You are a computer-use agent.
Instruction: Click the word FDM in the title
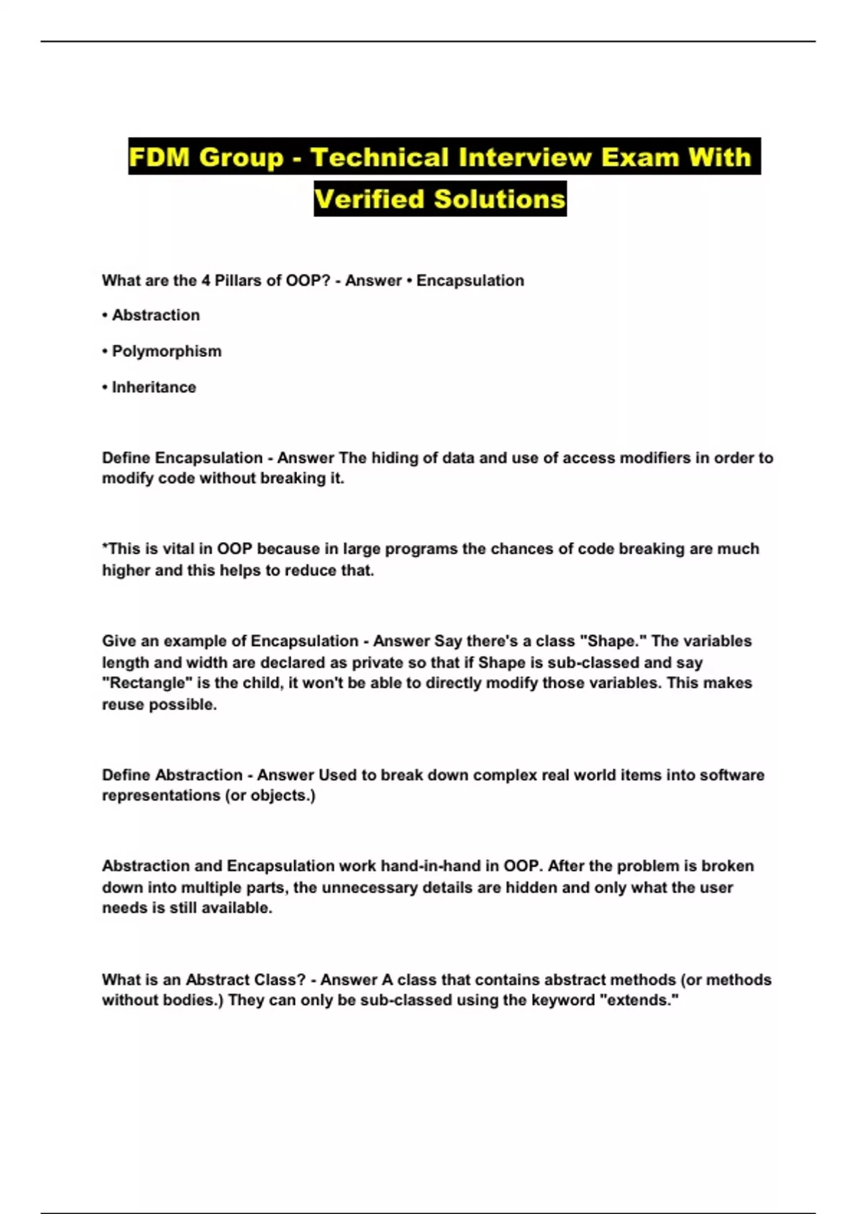pyautogui.click(x=159, y=157)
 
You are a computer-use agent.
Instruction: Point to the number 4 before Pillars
pyautogui.click(x=206, y=281)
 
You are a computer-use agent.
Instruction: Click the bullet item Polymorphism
pyautogui.click(x=166, y=351)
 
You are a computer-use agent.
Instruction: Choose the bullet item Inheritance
pyautogui.click(x=154, y=387)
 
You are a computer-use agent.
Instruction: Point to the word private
pyautogui.click(x=354, y=663)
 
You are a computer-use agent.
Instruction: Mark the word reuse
pyautogui.click(x=123, y=705)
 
